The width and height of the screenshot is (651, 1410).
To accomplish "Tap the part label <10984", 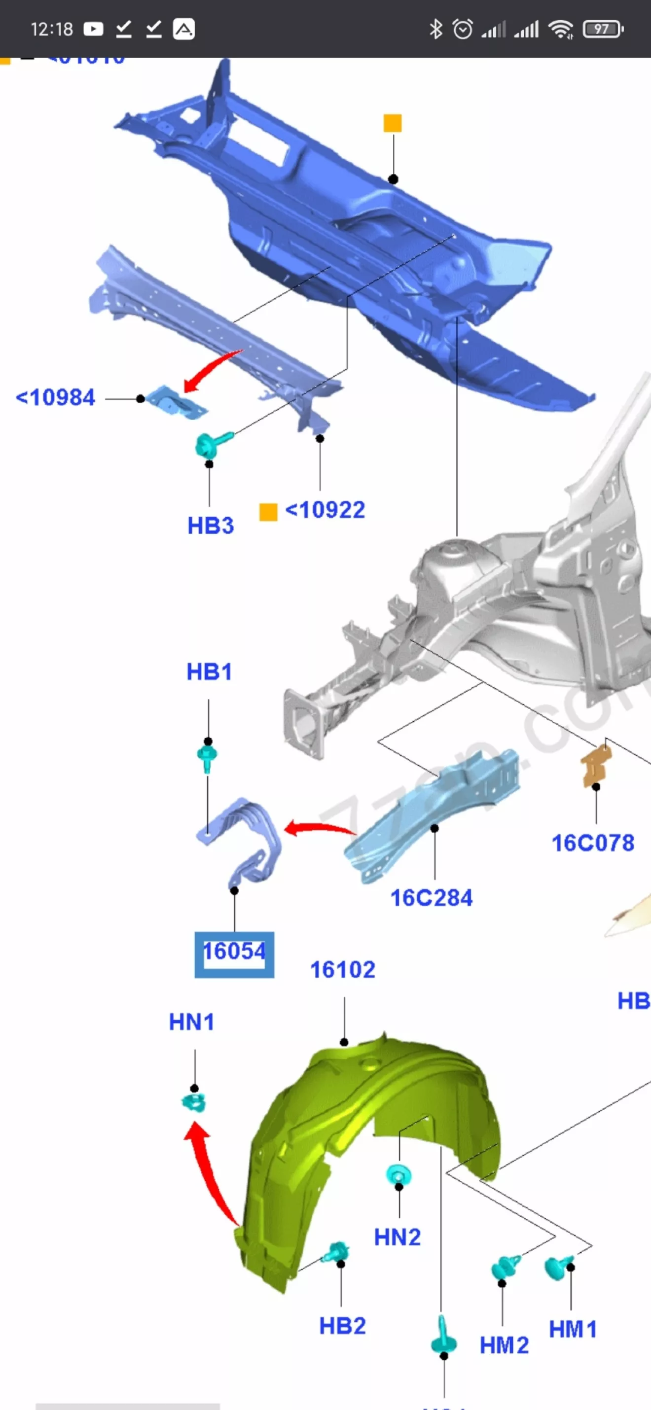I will click(55, 398).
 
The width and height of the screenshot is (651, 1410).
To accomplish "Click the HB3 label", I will click(211, 526).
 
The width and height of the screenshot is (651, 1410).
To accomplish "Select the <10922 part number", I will click(325, 510).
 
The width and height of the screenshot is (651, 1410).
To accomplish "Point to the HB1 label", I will click(209, 671).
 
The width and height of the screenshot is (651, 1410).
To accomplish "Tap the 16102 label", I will click(343, 970).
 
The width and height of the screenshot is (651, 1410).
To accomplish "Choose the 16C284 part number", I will click(432, 898).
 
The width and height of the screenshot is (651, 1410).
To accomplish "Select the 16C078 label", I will click(593, 844).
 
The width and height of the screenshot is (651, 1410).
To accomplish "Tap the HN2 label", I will click(398, 1237).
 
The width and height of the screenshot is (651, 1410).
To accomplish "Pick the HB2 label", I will click(342, 1326).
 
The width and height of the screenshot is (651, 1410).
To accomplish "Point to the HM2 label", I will click(504, 1345).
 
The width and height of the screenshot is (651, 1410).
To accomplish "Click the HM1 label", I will click(573, 1329).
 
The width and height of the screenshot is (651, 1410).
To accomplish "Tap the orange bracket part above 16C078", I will click(596, 765).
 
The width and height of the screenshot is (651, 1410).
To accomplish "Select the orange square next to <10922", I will click(268, 512).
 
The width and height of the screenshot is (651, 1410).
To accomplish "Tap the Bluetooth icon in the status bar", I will click(436, 29).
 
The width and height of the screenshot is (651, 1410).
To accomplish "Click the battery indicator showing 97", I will click(602, 29).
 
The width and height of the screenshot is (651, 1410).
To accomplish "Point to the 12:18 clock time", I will click(51, 29).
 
